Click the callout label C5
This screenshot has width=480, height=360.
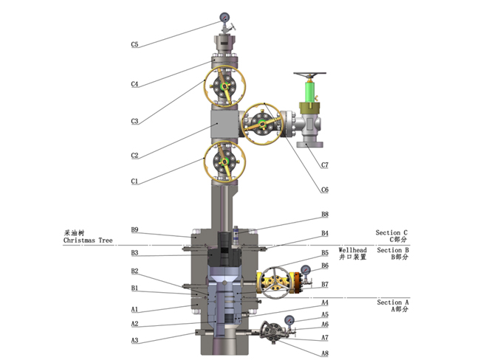click(x=135, y=44)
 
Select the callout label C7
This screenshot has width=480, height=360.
click(x=325, y=165)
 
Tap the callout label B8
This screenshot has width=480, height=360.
click(x=324, y=215)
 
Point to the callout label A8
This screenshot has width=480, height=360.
click(x=325, y=353)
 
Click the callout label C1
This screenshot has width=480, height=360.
click(x=135, y=181)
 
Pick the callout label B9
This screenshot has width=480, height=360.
click(x=135, y=230)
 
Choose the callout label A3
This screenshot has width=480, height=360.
click(x=135, y=340)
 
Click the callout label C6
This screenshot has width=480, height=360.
click(x=325, y=190)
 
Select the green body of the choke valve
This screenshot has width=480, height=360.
click(x=309, y=95)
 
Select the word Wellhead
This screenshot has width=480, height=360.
click(x=353, y=250)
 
